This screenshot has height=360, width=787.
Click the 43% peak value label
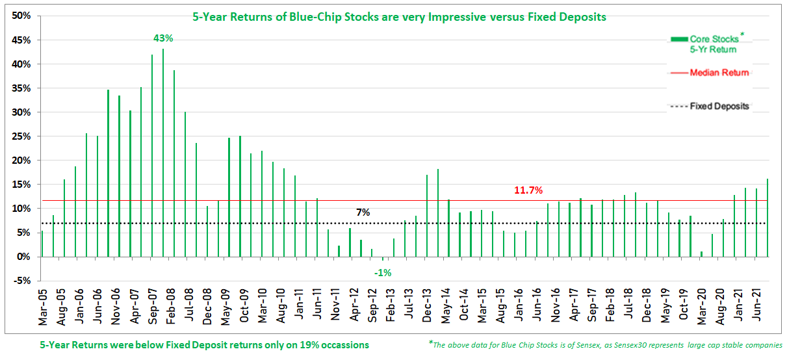click(x=163, y=38)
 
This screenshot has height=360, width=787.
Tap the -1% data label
click(x=382, y=273)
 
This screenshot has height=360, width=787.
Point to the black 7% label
click(x=363, y=212)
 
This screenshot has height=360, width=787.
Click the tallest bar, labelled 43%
click(x=163, y=153)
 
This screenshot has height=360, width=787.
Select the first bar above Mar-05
click(x=42, y=244)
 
